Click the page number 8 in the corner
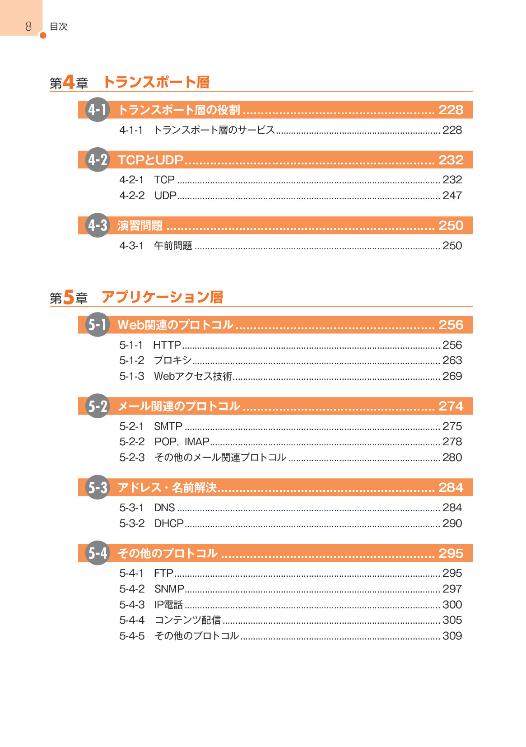[28, 26]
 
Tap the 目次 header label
[59, 27]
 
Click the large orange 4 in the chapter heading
[68, 82]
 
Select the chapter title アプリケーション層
[163, 297]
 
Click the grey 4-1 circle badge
[98, 110]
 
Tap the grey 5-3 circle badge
[98, 487]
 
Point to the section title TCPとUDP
[151, 160]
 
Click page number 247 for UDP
[452, 196]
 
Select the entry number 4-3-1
[132, 246]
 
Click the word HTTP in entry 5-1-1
[167, 345]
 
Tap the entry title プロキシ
[172, 360]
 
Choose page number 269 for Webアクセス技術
[452, 376]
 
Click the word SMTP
[168, 426]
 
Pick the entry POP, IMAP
[182, 442]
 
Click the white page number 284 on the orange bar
[451, 488]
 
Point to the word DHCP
[169, 523]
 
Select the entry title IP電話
[169, 605]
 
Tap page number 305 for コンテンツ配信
[452, 620]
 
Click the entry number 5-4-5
[132, 636]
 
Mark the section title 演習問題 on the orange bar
[140, 226]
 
